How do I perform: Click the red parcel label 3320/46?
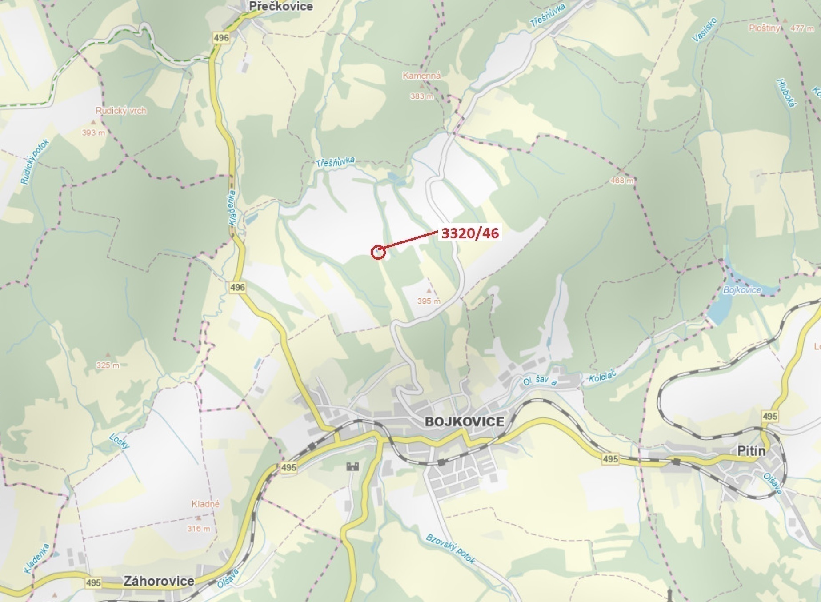[470, 233]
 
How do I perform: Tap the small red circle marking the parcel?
[377, 253]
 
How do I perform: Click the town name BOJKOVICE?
[465, 421]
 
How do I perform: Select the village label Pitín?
[751, 451]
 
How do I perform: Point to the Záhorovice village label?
[159, 581]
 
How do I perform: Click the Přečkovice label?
[281, 6]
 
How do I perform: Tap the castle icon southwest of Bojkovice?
[352, 466]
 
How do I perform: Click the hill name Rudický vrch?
[121, 111]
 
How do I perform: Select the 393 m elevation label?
[94, 132]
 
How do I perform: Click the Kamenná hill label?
[422, 76]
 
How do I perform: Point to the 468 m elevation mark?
[622, 181]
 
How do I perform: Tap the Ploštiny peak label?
[764, 28]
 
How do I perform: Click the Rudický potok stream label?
[35, 162]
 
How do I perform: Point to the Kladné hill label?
[205, 504]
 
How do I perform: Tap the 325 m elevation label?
[108, 365]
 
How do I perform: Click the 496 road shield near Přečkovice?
[221, 38]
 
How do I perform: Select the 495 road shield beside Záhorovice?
[93, 582]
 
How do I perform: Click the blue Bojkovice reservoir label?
[742, 290]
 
